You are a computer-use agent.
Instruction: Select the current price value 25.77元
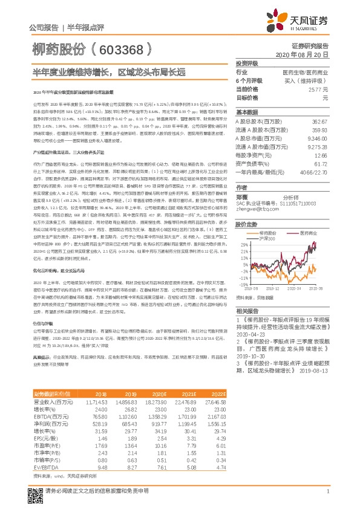tap(322, 89)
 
